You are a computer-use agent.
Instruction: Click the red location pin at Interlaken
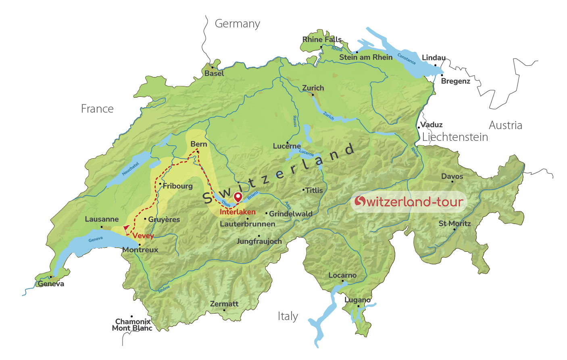tap(238, 197)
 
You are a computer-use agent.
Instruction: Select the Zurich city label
tap(313, 88)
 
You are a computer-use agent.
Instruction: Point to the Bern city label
tap(198, 144)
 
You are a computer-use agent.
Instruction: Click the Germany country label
tap(237, 24)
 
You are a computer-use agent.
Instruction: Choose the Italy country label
tap(288, 316)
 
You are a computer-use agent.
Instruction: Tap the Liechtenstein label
tap(455, 137)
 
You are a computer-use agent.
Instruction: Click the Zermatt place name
tap(224, 304)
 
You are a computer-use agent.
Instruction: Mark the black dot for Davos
tap(452, 182)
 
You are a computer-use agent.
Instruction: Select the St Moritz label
tap(454, 224)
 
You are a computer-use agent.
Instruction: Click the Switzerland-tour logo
tap(409, 201)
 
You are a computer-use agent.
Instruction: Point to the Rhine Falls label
tap(322, 40)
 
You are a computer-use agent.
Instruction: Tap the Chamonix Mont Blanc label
tap(132, 325)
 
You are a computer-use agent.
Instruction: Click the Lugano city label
tap(357, 300)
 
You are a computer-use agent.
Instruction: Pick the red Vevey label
tap(143, 236)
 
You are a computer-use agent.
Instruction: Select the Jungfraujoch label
tap(259, 241)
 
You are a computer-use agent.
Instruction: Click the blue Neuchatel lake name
tap(130, 169)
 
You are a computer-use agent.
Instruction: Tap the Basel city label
tap(214, 73)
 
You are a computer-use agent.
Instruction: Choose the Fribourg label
tap(177, 186)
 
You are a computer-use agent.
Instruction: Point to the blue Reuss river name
tap(295, 121)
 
